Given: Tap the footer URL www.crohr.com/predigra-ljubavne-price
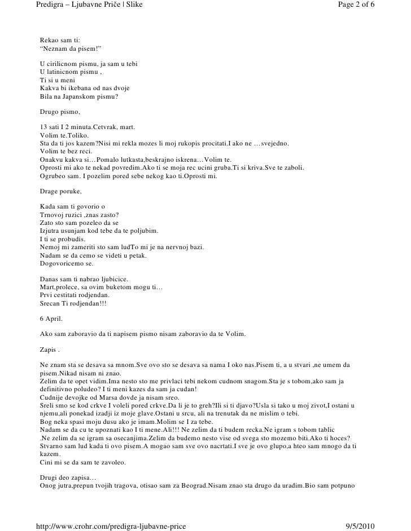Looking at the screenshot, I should (x=111, y=525).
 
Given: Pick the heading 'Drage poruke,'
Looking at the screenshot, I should (x=61, y=192).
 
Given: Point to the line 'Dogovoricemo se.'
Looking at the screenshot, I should (x=68, y=264).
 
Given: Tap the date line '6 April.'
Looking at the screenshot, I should (x=51, y=319).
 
